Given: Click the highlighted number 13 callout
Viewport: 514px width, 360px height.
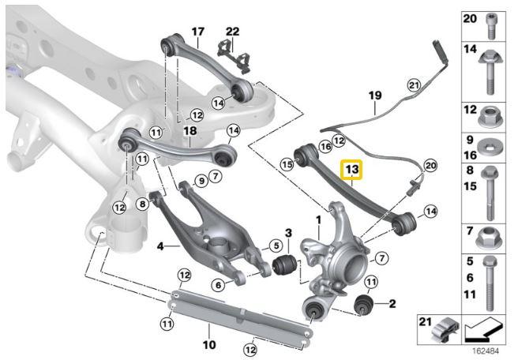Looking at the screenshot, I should click(x=351, y=170).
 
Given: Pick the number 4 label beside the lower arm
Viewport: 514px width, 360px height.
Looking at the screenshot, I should click(x=159, y=246).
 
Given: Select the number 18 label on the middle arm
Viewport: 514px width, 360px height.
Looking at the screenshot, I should click(x=189, y=130).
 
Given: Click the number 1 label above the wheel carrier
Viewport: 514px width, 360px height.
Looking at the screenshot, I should click(x=319, y=218).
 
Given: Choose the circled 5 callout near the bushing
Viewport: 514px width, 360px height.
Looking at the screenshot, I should click(x=277, y=245).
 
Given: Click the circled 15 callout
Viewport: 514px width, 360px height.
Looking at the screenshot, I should click(x=286, y=163).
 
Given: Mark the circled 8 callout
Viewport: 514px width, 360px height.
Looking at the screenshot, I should click(x=142, y=203).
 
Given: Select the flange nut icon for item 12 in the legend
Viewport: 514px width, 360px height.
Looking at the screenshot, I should click(x=493, y=119).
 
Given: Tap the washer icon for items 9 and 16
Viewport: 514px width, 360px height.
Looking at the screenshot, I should click(x=493, y=148).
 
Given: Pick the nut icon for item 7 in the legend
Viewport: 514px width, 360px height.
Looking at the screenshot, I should click(x=493, y=234).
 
